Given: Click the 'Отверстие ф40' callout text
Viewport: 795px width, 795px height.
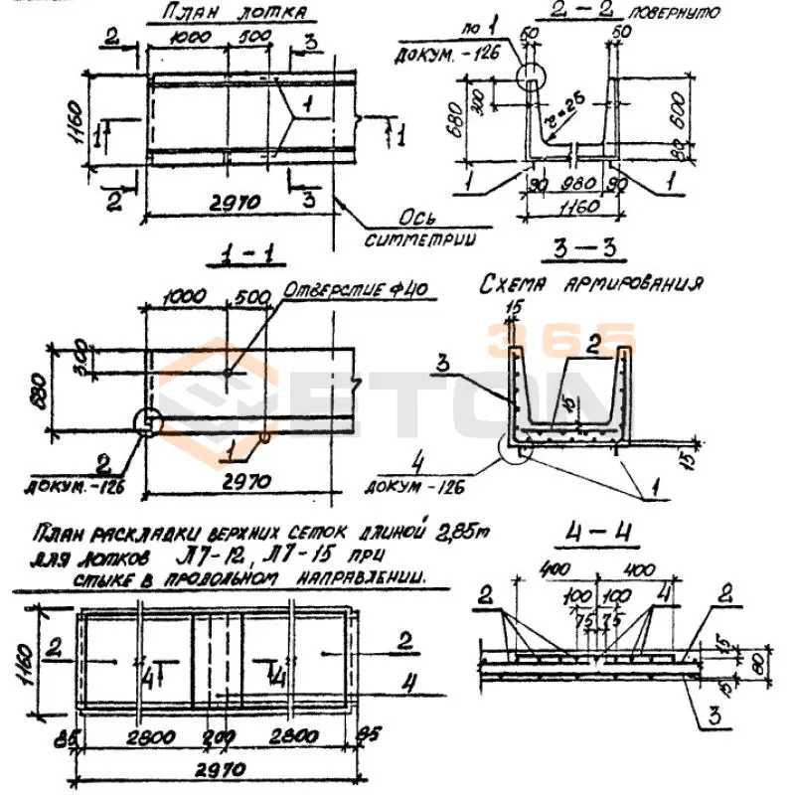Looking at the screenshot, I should (355, 291).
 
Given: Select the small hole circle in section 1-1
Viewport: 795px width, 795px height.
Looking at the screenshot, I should (227, 372).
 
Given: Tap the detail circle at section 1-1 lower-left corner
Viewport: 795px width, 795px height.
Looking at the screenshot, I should (147, 422).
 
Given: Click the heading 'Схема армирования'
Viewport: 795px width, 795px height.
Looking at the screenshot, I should (590, 284).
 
